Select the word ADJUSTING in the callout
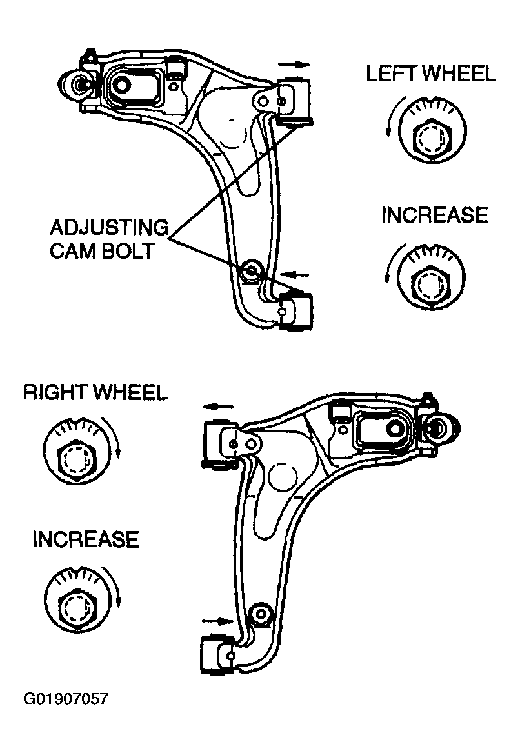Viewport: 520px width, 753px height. [108, 228]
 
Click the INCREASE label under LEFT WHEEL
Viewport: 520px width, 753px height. [434, 215]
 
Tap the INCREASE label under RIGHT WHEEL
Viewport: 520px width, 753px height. [86, 539]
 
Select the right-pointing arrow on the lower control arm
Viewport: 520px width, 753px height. [217, 621]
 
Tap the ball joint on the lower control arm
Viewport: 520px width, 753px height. [441, 425]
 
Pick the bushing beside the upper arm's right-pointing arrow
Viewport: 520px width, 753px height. [296, 100]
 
